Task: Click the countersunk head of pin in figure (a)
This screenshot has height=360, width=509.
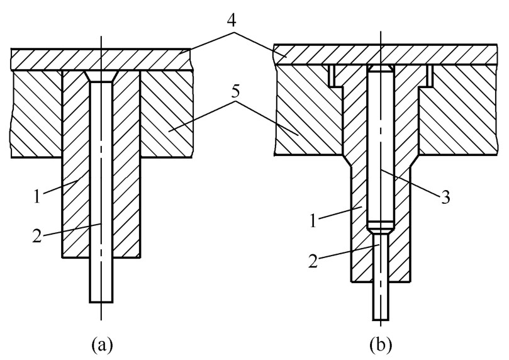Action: coord(101,76)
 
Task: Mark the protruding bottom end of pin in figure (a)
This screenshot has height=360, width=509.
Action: coord(101,283)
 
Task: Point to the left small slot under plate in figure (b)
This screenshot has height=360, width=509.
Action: coord(333,76)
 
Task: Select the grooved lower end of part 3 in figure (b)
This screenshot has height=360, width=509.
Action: coord(381,224)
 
